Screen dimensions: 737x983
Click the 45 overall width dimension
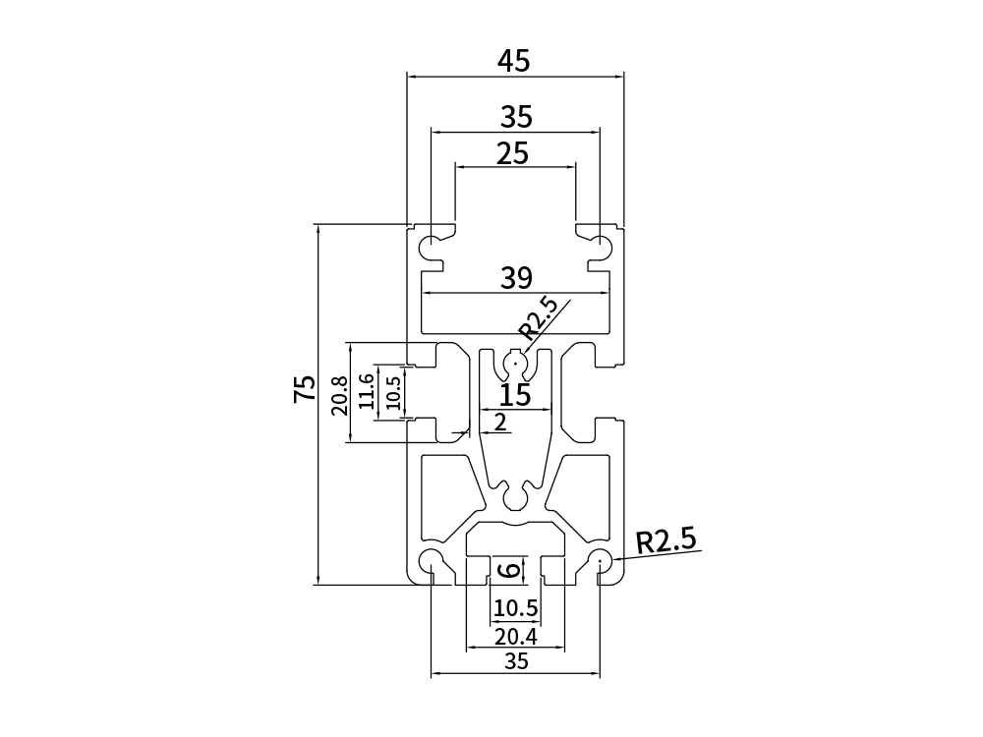513,61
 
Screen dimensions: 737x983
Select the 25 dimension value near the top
513,153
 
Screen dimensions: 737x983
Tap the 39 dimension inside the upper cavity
516,278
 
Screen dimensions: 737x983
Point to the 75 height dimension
305,388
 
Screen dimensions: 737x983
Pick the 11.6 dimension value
366,391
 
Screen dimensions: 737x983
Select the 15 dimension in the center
515,395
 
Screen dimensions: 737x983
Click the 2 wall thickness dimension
500,423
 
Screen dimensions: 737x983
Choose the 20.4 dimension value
515,635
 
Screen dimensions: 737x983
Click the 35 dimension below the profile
516,661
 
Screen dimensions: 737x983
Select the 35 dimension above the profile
516,118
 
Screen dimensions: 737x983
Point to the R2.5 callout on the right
665,540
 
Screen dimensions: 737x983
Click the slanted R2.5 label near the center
538,318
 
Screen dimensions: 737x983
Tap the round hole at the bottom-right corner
601,561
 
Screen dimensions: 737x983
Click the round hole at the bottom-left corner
432,561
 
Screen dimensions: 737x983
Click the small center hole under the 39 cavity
515,365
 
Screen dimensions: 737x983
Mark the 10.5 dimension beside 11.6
393,392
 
